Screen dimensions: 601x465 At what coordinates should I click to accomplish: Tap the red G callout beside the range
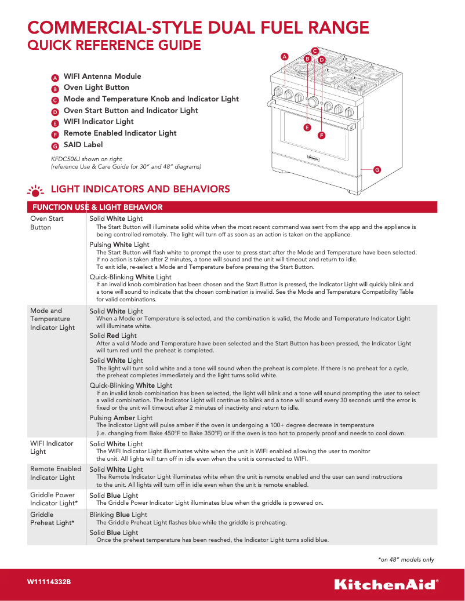point(377,170)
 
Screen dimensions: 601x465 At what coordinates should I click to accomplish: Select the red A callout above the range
point(284,57)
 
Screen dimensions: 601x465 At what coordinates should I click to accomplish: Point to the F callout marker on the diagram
point(321,135)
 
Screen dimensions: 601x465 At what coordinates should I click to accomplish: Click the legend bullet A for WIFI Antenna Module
point(55,78)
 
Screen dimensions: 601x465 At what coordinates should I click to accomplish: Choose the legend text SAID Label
point(83,145)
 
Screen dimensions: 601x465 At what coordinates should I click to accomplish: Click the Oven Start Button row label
point(47,223)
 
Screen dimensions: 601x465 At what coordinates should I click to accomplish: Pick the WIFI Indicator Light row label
point(52,447)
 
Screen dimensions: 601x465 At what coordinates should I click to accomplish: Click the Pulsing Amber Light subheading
point(121,418)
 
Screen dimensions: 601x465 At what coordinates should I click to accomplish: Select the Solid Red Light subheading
point(113,336)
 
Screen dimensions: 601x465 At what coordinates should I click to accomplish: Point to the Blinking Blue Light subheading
point(118,515)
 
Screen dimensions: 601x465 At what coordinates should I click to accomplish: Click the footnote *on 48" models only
point(406,559)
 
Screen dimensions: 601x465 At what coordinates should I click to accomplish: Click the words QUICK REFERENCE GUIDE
point(115,45)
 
